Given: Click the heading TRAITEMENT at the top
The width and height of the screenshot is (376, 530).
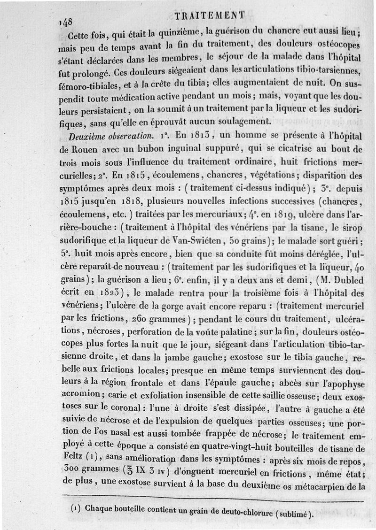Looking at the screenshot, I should coord(209,15).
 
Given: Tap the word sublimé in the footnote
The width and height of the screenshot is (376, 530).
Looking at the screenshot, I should coord(296,515).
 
